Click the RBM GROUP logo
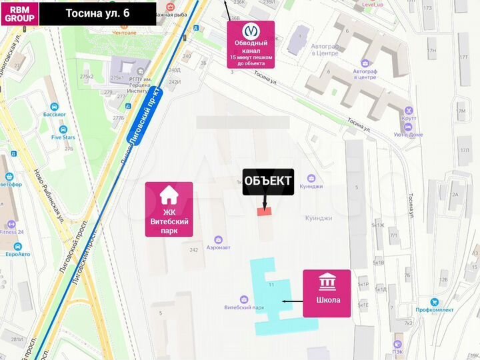pyautogui.click(x=19, y=13)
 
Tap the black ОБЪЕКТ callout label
pyautogui.click(x=268, y=181)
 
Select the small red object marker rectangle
pyautogui.click(x=265, y=211)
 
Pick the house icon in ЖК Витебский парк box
pyautogui.click(x=169, y=196)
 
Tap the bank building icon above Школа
pyautogui.click(x=327, y=282)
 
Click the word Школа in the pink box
pyautogui.click(x=327, y=300)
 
